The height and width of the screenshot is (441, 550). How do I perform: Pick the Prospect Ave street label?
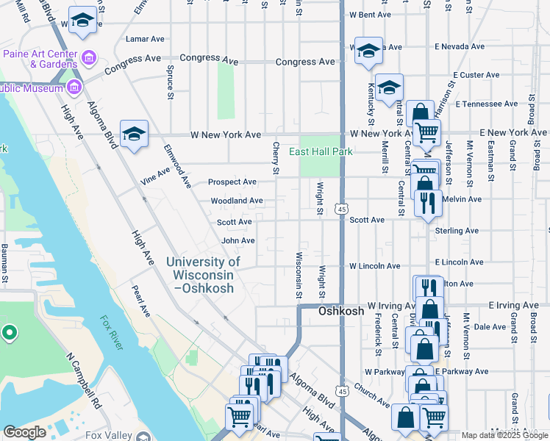point(232,182)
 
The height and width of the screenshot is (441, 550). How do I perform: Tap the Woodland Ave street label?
point(237,200)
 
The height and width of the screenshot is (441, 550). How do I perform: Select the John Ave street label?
point(238,240)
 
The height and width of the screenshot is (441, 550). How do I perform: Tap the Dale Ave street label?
point(490,327)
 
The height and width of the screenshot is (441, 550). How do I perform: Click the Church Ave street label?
point(371,395)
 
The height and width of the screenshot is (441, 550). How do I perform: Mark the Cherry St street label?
point(276,158)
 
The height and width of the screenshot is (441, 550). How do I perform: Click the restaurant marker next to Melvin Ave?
point(428,203)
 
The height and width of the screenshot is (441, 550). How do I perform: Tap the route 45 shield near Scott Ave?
point(343,210)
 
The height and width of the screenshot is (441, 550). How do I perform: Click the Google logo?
point(24,432)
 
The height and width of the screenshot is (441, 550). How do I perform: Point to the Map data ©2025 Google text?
point(504,435)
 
